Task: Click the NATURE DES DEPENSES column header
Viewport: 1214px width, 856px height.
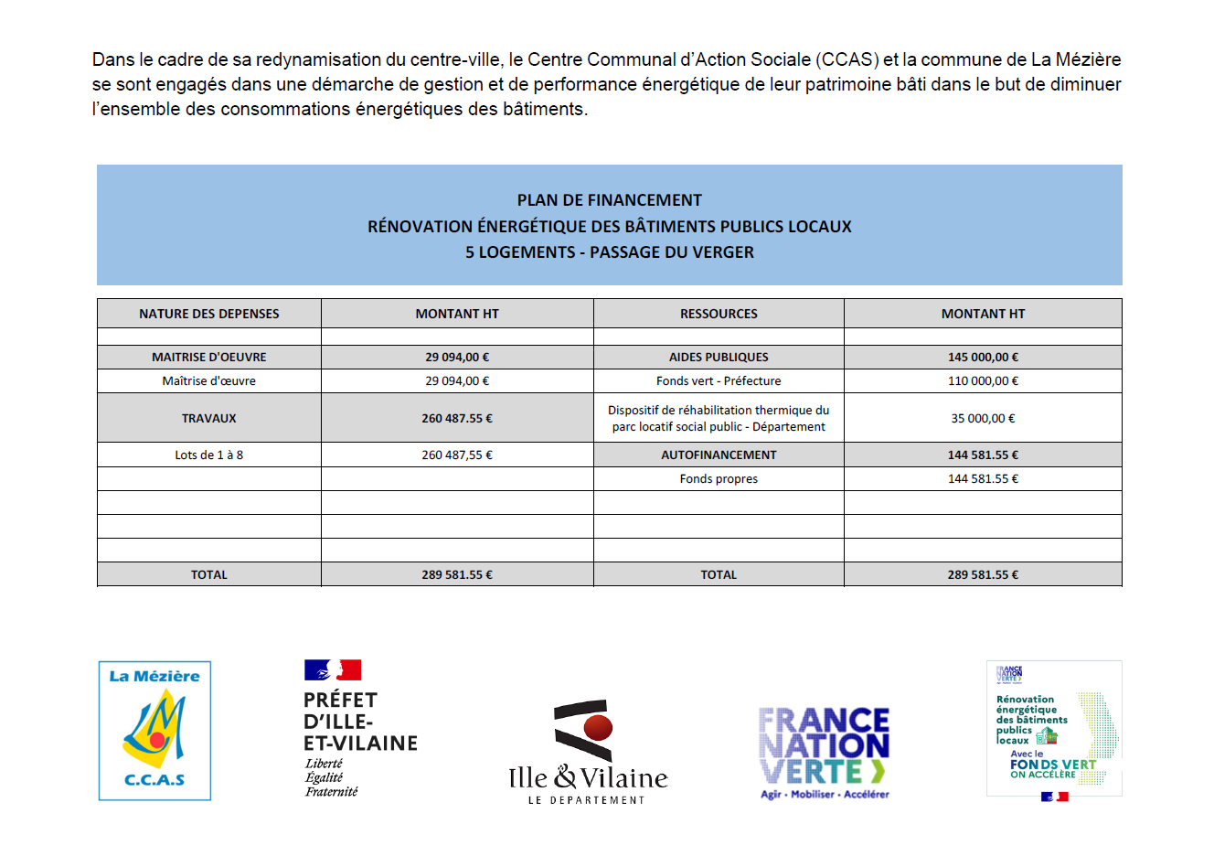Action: pyautogui.click(x=209, y=314)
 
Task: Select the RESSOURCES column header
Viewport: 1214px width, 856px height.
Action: pyautogui.click(x=719, y=314)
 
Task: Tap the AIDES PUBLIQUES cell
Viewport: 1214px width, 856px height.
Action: pyautogui.click(x=719, y=358)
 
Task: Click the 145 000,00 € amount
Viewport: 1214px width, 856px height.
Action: pyautogui.click(x=983, y=358)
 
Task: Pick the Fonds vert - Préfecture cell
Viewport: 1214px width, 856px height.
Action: pyautogui.click(x=719, y=381)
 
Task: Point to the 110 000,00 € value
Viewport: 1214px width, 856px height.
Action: pyautogui.click(x=983, y=381)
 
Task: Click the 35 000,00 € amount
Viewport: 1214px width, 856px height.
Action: pyautogui.click(x=983, y=419)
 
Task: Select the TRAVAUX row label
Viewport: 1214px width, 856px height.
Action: pyautogui.click(x=209, y=419)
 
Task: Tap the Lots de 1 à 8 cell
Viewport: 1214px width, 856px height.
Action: pyautogui.click(x=209, y=455)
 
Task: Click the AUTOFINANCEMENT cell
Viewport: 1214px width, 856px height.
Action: pyautogui.click(x=719, y=455)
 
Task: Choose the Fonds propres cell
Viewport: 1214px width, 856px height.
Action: pyautogui.click(x=719, y=479)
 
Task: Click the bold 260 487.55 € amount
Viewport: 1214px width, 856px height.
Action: pyautogui.click(x=457, y=419)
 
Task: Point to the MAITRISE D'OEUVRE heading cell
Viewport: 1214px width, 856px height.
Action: pyautogui.click(x=209, y=358)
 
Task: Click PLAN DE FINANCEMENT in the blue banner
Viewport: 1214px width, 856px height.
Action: pyautogui.click(x=610, y=200)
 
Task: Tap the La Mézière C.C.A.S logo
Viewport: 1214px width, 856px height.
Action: pyautogui.click(x=154, y=731)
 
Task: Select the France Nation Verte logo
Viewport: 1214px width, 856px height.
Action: pyautogui.click(x=825, y=753)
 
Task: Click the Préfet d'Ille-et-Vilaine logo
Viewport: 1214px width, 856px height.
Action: pyautogui.click(x=360, y=729)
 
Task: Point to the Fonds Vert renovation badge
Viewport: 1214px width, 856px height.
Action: pyautogui.click(x=1054, y=730)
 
